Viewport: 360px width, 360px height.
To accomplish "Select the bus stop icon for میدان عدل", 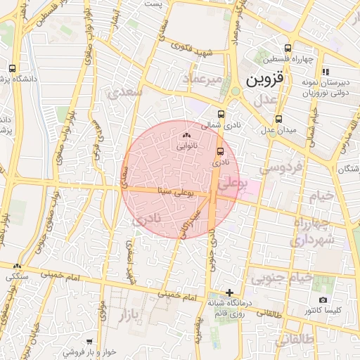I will [x=279, y=119].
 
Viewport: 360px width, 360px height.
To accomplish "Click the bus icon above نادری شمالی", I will [x=221, y=114].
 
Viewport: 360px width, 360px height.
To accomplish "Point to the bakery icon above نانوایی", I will [x=186, y=136].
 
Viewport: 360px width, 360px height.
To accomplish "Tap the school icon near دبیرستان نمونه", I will [x=325, y=72].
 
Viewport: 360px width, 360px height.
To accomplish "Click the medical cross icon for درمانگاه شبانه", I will [x=229, y=292].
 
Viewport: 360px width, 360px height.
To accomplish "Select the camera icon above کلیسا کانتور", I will [x=323, y=300].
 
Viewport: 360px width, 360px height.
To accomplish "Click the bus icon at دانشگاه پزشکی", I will [x=13, y=69].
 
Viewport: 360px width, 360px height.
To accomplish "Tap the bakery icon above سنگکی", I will [x=17, y=266].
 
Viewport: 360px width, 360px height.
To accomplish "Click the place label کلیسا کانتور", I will [x=323, y=310].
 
